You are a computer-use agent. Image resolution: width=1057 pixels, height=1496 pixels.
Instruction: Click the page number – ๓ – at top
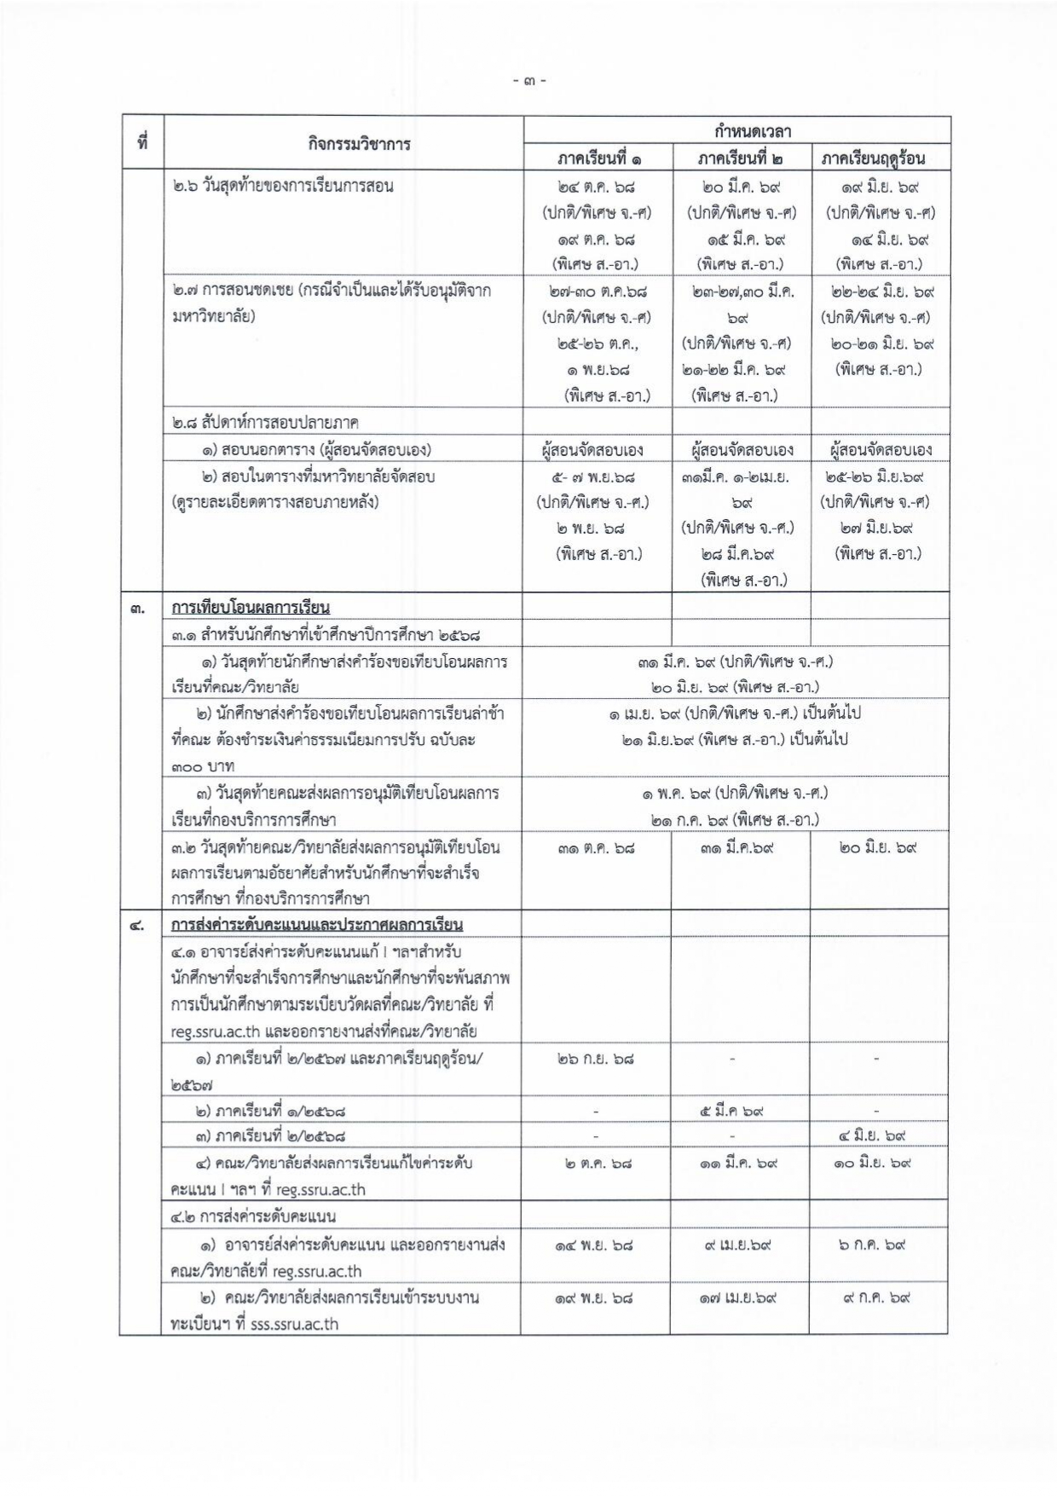528,82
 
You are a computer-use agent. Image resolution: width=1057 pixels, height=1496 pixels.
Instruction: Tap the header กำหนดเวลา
738,131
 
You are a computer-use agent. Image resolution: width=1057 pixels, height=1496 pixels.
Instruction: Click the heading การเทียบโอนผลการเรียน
251,607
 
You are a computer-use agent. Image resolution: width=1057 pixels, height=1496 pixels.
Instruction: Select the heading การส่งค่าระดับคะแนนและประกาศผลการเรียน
316,924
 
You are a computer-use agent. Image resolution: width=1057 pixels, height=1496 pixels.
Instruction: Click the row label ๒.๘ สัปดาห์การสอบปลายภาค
264,422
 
